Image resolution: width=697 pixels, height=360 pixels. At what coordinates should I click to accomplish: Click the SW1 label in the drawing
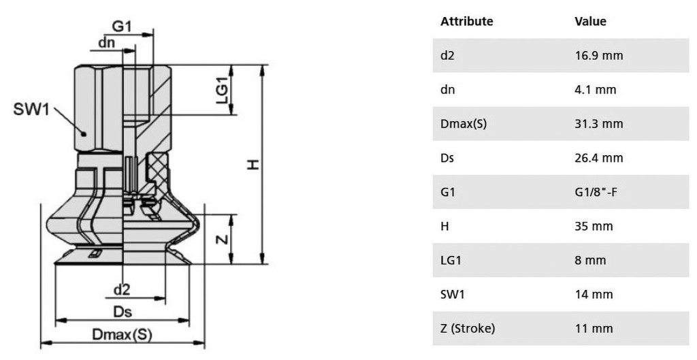pos(31,109)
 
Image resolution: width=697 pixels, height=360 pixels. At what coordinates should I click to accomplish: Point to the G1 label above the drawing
pos(121,27)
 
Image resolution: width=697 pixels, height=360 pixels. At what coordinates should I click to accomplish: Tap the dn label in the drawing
pos(107,43)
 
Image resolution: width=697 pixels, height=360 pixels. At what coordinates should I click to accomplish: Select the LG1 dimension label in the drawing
pos(223,91)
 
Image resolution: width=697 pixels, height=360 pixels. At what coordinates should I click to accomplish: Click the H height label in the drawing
pos(253,165)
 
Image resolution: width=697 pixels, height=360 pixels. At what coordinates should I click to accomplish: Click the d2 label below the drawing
pos(122,290)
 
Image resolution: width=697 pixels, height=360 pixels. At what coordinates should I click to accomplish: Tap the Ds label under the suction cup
pos(123,312)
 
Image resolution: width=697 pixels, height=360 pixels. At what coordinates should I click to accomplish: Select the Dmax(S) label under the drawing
pos(122,334)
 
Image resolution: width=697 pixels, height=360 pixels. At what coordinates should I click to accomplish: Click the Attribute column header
pos(467,21)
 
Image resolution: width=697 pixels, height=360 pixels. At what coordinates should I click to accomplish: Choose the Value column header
pos(590,21)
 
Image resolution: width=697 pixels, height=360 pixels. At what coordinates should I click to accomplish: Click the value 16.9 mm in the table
pos(599,56)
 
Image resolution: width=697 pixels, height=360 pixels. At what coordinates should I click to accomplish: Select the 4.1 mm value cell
pos(596,90)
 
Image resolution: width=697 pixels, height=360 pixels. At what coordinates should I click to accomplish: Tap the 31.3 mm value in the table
pos(599,124)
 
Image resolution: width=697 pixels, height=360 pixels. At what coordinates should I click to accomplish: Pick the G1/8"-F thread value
pos(596,193)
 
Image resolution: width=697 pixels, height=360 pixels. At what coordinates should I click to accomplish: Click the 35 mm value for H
pos(594,226)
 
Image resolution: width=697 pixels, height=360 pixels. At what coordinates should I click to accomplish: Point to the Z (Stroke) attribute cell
pos(468,329)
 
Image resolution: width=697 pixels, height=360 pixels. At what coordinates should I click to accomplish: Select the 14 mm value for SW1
pos(594,294)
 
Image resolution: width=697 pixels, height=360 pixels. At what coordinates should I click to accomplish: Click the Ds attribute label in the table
pos(447,158)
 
